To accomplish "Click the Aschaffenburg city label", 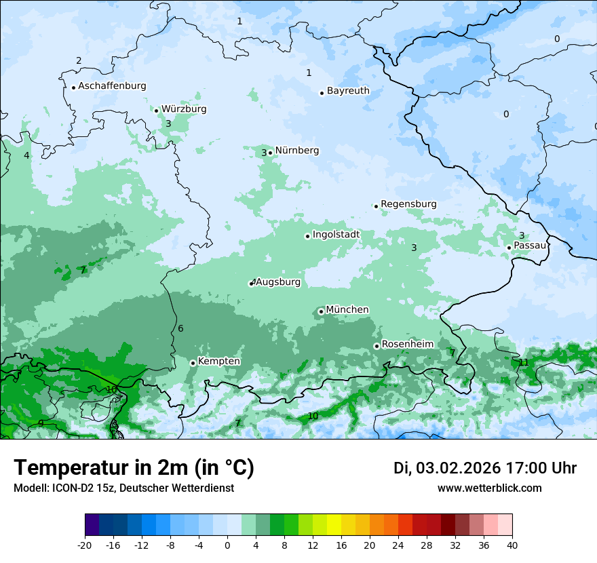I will click(112, 86).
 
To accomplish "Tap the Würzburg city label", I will click(184, 109).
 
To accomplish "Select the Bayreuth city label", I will click(348, 91).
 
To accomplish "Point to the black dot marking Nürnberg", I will click(270, 153).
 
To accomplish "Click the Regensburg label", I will click(408, 204).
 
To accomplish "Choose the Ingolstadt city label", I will click(336, 235).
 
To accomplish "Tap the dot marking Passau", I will click(509, 248).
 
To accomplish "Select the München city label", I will click(347, 310).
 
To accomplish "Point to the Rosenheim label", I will click(407, 345).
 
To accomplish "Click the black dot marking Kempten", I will click(193, 363).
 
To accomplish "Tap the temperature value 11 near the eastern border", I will click(523, 362).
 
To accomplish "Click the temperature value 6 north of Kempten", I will click(180, 329).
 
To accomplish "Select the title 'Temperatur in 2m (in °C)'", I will click(134, 468).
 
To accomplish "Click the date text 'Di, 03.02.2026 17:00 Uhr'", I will click(485, 468).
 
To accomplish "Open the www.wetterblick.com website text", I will click(489, 488).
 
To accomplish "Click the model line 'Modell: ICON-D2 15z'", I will click(123, 488).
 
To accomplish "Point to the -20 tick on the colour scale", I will click(85, 545).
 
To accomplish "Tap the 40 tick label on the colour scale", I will click(512, 545).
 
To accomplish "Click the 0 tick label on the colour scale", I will click(227, 545).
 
